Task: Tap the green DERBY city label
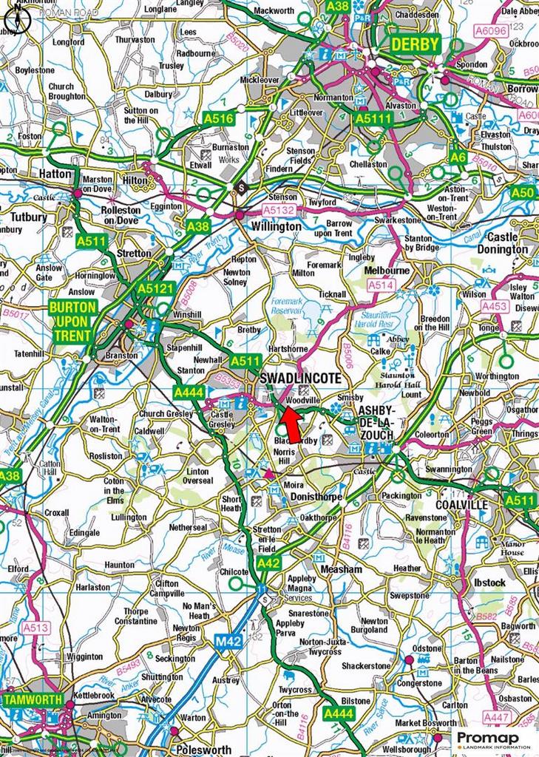pyautogui.click(x=415, y=44)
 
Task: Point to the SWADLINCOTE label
pyautogui.click(x=300, y=378)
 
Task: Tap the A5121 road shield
pyautogui.click(x=155, y=288)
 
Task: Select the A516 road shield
pyautogui.click(x=218, y=118)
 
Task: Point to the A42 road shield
pyautogui.click(x=270, y=564)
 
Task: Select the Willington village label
pyautogui.click(x=276, y=226)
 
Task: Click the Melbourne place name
pyautogui.click(x=387, y=271)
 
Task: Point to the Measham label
pyautogui.click(x=341, y=569)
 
